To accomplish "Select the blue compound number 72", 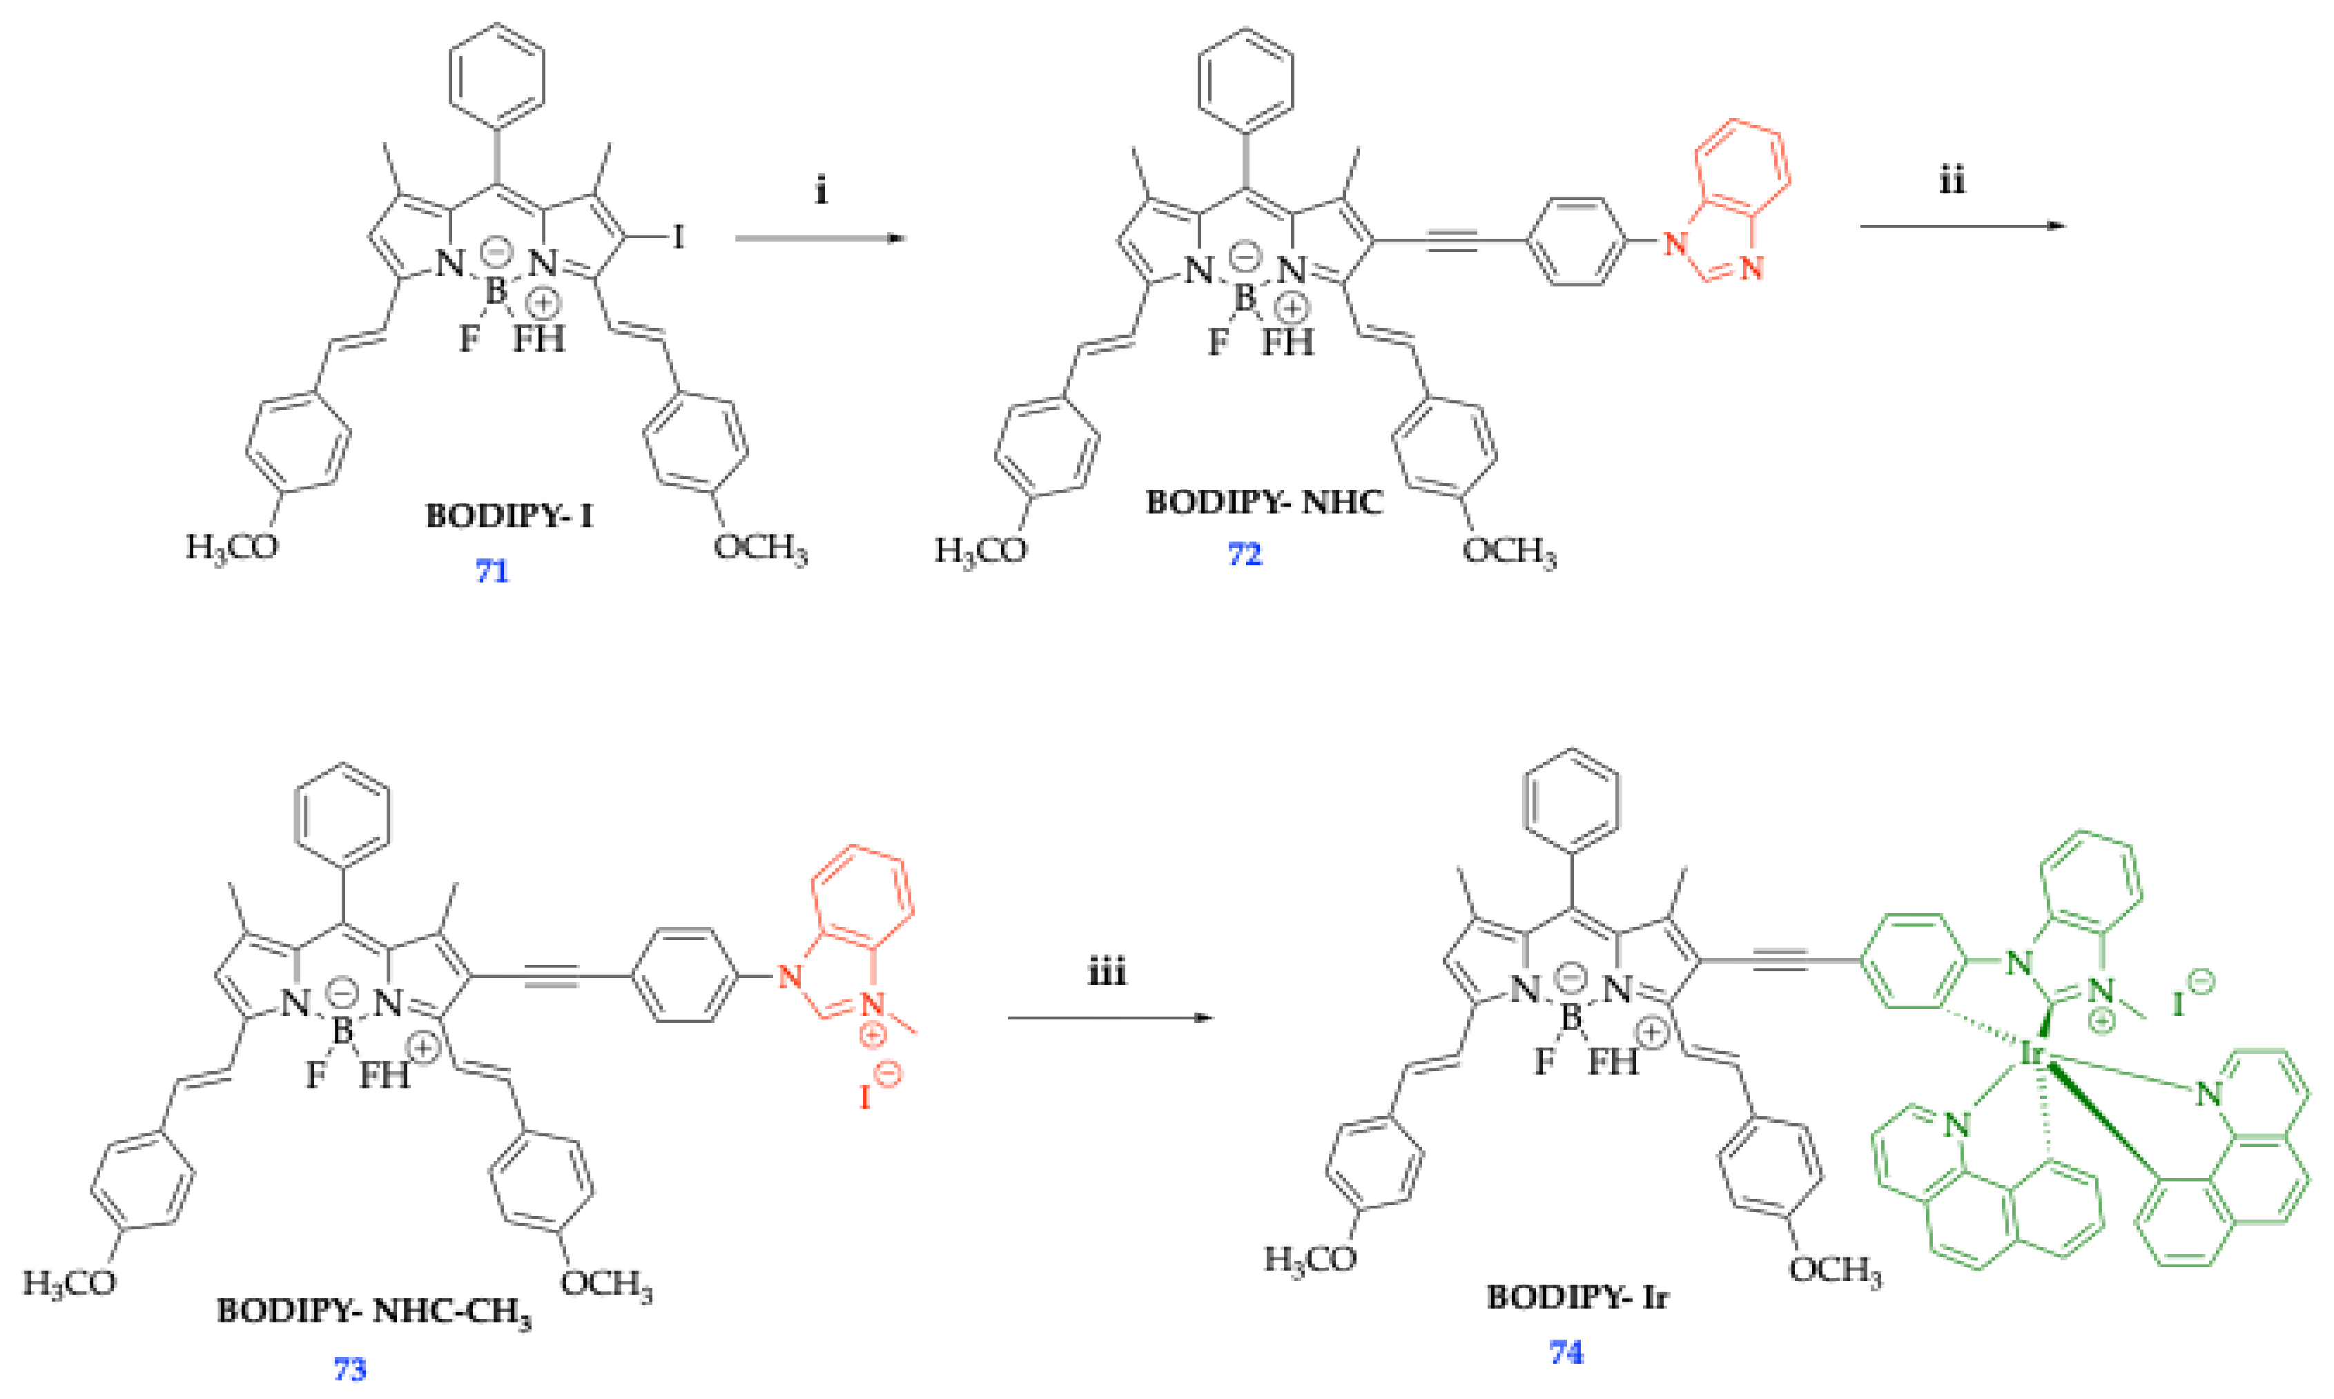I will [1244, 554].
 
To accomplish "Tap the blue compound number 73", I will [350, 1368].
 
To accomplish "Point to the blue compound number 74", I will [1566, 1353].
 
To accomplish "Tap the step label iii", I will [1107, 972].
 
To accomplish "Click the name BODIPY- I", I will [509, 516].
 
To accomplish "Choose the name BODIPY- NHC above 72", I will [1264, 502].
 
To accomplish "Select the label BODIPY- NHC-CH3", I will [373, 1311].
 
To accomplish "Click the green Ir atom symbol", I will [2033, 1052].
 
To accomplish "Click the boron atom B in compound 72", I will [1244, 298].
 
